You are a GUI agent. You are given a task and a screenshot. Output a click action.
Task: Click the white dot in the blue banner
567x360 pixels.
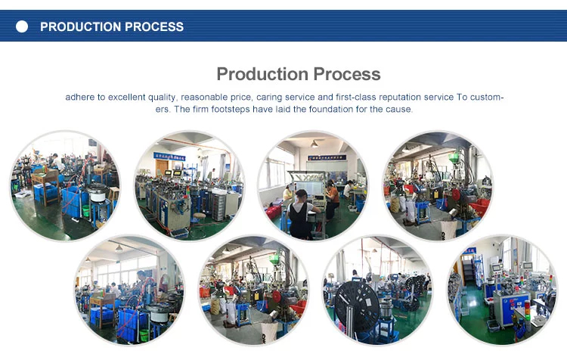(x=22, y=26)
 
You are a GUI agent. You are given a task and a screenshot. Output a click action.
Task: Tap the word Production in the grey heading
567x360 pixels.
(x=262, y=74)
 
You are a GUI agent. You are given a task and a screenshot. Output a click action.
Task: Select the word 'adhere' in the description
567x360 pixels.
(x=80, y=97)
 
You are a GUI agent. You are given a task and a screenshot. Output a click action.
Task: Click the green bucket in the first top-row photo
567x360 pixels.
(x=85, y=210)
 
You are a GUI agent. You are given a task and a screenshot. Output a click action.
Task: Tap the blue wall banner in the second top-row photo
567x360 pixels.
(x=169, y=157)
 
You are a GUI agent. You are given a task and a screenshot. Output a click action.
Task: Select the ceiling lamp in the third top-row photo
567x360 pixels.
(x=314, y=144)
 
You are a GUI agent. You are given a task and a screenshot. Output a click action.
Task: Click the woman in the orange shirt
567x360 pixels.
(x=333, y=200)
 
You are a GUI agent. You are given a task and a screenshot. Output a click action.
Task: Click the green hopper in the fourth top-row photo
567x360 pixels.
(x=453, y=159)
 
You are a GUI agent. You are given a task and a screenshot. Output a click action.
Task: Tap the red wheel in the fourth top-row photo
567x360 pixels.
(x=457, y=195)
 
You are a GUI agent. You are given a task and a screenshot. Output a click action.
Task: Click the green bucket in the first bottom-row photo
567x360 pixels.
(x=144, y=336)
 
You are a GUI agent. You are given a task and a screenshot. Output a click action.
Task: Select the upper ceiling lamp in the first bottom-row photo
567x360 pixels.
(x=119, y=248)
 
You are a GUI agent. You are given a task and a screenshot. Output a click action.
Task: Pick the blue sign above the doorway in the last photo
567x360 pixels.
(x=469, y=251)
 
